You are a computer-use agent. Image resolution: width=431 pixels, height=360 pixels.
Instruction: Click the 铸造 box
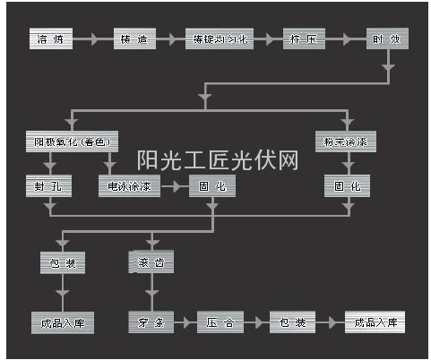pos(135,39)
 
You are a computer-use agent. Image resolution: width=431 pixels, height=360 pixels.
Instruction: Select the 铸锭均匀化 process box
pos(220,39)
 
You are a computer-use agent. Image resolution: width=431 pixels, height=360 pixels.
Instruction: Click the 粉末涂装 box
pos(346,142)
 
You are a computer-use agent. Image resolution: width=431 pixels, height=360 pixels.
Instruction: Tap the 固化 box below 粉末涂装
pos(346,185)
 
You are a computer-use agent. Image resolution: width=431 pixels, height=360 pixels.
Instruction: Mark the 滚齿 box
pos(151,263)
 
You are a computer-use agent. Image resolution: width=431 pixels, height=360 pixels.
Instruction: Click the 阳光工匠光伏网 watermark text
pos(217,160)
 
